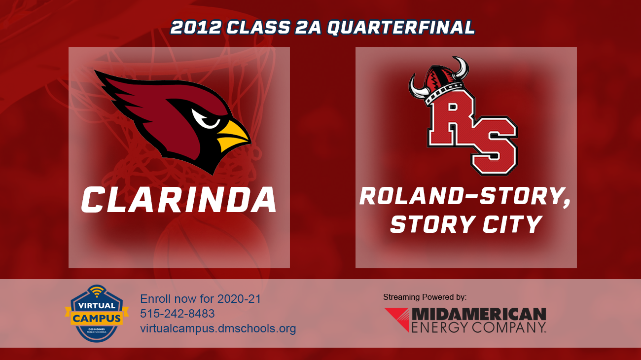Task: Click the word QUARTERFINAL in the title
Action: [x=400, y=28]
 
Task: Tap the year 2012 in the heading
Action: [x=195, y=28]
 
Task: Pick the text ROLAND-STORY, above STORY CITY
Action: [x=465, y=196]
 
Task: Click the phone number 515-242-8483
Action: [x=178, y=314]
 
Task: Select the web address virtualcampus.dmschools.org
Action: [x=218, y=328]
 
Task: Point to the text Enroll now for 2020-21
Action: [x=200, y=299]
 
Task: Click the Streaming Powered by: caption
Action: [x=425, y=297]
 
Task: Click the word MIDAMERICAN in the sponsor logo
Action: [x=478, y=314]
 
